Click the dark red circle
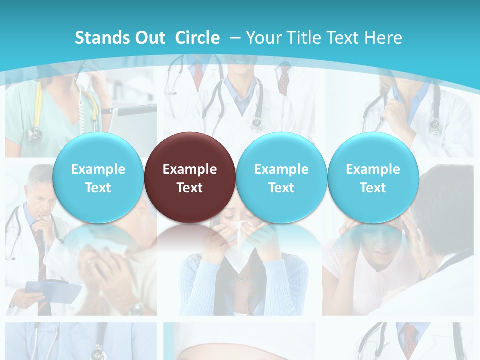(190, 178)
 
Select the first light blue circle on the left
(98, 178)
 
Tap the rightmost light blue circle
(373, 178)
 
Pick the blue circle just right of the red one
(281, 178)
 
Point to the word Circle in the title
(197, 38)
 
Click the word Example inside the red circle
(190, 169)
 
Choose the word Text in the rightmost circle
(373, 188)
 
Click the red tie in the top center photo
(198, 75)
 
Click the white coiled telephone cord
(81, 107)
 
